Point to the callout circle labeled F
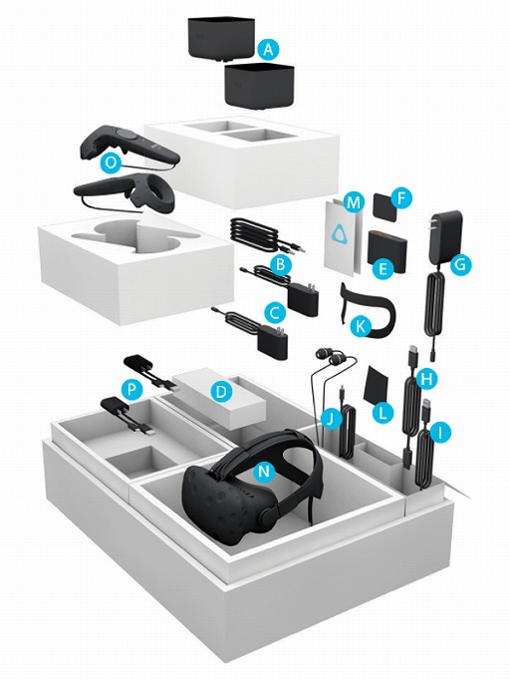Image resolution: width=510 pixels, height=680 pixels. tap(401, 198)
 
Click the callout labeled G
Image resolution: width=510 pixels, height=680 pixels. tap(460, 266)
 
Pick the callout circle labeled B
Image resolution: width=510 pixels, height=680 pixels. tap(283, 265)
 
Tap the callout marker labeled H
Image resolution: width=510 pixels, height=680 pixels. tap(428, 379)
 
